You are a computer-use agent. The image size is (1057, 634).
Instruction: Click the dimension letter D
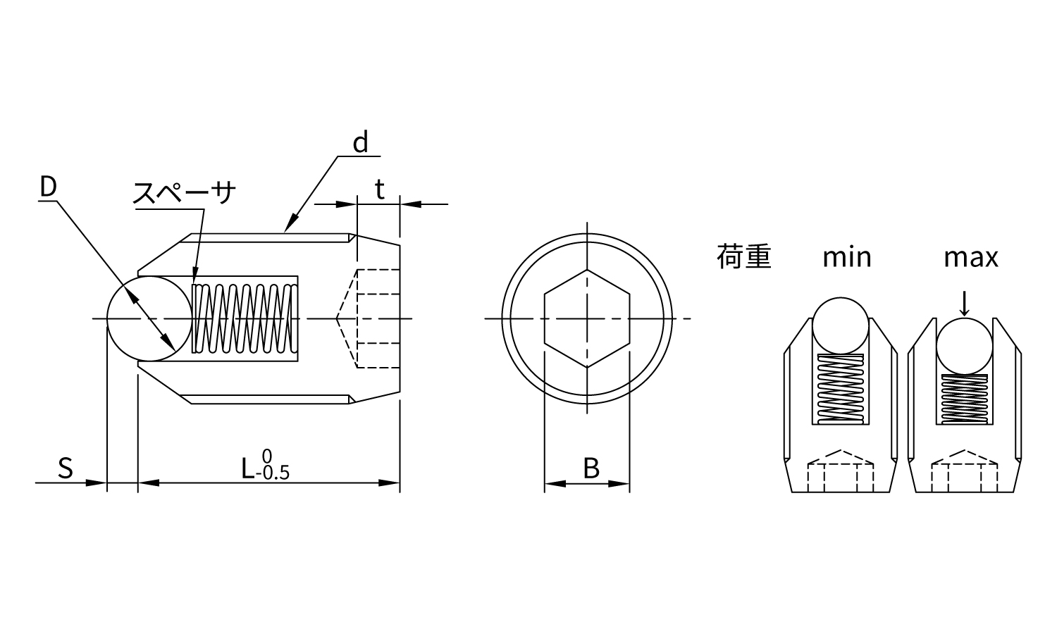coord(48,187)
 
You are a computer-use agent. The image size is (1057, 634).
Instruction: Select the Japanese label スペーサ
coord(184,192)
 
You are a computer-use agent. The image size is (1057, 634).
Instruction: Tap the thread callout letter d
coord(361,142)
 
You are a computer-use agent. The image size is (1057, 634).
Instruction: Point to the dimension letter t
coord(380,189)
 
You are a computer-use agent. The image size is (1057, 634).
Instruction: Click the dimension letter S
coord(66,468)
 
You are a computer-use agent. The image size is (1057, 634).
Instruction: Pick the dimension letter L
coord(248,468)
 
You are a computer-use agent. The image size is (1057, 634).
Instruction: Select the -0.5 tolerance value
coord(273,473)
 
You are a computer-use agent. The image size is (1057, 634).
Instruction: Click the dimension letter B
coord(591,468)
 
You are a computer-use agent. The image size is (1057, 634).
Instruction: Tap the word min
coord(847,258)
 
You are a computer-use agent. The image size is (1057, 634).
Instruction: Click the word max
coord(970,258)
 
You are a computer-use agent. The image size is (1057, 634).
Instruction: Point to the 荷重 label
coord(743,257)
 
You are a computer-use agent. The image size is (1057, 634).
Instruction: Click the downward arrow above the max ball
coord(965,304)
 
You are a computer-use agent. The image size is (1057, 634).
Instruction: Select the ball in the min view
coord(841,325)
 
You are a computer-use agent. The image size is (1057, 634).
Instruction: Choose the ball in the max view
coord(965,346)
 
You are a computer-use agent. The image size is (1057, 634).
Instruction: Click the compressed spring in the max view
coord(965,399)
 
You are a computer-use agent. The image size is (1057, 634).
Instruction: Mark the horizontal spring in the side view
coord(245,318)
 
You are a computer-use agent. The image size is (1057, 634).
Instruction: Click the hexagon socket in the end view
coord(587,318)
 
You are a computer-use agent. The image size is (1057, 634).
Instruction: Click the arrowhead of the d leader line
coord(292,223)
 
